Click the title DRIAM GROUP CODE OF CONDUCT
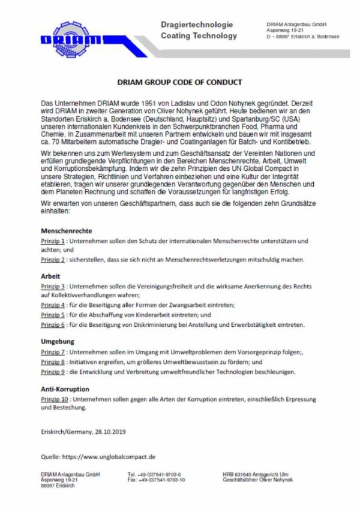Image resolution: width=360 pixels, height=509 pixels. click(179, 82)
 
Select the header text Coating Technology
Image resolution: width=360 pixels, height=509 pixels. click(199, 35)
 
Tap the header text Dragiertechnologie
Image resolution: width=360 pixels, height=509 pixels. click(196, 25)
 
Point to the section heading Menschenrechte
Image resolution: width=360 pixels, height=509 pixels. click(66, 230)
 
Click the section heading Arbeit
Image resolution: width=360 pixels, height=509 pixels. click(51, 276)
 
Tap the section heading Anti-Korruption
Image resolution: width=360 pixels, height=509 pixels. click(65, 388)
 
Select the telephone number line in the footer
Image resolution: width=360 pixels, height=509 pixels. click(154, 474)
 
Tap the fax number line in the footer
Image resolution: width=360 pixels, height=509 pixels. click(155, 480)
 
